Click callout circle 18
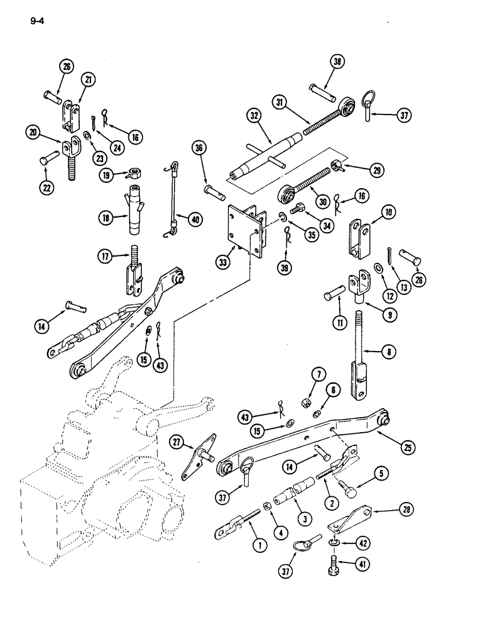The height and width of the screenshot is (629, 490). point(106,218)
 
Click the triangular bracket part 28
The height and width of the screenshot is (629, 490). point(352,518)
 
